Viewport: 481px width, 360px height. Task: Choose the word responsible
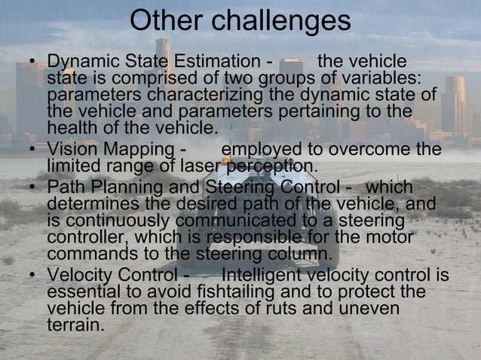pos(256,236)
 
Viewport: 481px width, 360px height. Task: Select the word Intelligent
pos(263,275)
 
